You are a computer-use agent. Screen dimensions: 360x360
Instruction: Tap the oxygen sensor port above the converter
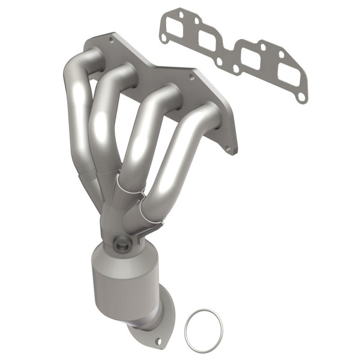click(x=122, y=244)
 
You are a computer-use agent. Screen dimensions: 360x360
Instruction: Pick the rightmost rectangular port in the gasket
click(x=288, y=76)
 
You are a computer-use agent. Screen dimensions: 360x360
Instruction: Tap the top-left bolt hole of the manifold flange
click(x=111, y=40)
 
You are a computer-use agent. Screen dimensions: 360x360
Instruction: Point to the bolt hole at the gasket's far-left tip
click(x=163, y=38)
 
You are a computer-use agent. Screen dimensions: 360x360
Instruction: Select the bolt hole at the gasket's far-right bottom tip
click(x=302, y=97)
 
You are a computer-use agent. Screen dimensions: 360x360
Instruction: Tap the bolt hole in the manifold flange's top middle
click(x=193, y=77)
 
